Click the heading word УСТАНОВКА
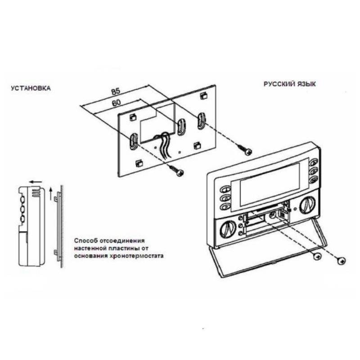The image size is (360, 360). pyautogui.click(x=31, y=88)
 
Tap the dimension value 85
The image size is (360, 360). pyautogui.click(x=116, y=91)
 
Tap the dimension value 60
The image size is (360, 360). pyautogui.click(x=116, y=103)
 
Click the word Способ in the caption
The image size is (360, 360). pyautogui.click(x=85, y=241)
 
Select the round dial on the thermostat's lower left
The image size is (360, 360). pyautogui.click(x=227, y=229)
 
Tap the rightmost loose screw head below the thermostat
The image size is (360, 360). pyautogui.click(x=342, y=261)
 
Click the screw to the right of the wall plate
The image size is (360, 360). pyautogui.click(x=244, y=149)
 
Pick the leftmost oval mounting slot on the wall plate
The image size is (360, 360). pyautogui.click(x=133, y=140)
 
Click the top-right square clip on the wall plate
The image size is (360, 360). pyautogui.click(x=203, y=95)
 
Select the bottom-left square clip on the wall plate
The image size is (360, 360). pyautogui.click(x=139, y=163)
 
